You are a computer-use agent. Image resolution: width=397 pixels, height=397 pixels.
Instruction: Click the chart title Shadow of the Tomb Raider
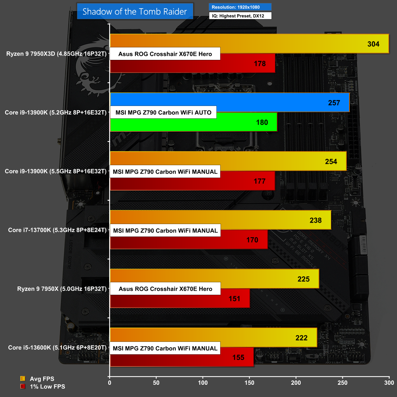(x=135, y=12)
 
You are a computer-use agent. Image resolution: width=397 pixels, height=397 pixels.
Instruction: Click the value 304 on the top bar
(x=373, y=44)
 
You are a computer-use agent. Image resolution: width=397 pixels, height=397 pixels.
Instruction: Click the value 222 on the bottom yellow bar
(x=301, y=338)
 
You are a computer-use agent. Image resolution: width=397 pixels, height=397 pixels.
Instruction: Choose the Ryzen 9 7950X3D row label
(x=56, y=54)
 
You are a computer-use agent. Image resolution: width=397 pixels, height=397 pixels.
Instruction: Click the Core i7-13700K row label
(x=57, y=230)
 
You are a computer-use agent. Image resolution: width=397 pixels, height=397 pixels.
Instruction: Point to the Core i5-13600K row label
(x=57, y=348)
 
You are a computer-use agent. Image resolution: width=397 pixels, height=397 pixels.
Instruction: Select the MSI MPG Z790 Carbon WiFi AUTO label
(x=163, y=112)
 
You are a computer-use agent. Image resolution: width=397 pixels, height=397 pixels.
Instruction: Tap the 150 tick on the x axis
(x=249, y=383)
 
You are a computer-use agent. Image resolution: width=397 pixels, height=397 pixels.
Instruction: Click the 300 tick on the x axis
(x=389, y=383)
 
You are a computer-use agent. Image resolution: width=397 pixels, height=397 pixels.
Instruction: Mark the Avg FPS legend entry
(x=42, y=379)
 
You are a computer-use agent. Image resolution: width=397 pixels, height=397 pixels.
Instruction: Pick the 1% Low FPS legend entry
(x=47, y=386)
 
